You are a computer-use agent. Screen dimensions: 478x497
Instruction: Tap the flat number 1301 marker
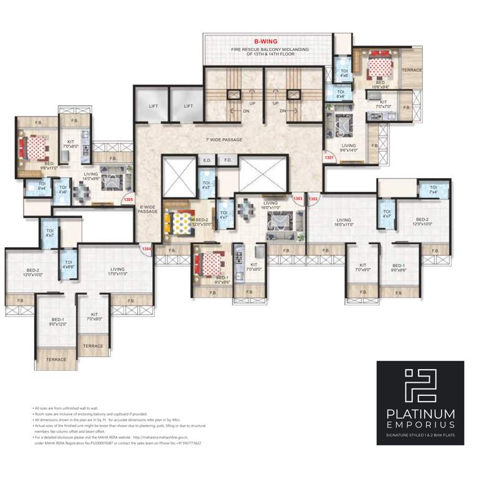pyautogui.click(x=329, y=158)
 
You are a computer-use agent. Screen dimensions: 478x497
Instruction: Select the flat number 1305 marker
pyautogui.click(x=128, y=200)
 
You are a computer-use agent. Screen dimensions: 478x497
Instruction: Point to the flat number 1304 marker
pyautogui.click(x=146, y=250)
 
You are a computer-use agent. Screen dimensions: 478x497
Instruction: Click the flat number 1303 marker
pyautogui.click(x=298, y=199)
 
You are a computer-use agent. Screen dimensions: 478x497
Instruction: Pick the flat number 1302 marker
pyautogui.click(x=313, y=199)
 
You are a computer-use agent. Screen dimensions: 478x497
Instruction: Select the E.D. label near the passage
pyautogui.click(x=207, y=161)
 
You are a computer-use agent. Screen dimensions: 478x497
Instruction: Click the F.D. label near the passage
pyautogui.click(x=228, y=161)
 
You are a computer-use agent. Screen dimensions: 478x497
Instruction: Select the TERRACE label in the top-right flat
pyautogui.click(x=412, y=70)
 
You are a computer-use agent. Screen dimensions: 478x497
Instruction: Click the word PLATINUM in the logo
pyautogui.click(x=420, y=414)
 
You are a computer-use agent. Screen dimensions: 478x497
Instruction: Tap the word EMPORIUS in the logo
pyautogui.click(x=420, y=428)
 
